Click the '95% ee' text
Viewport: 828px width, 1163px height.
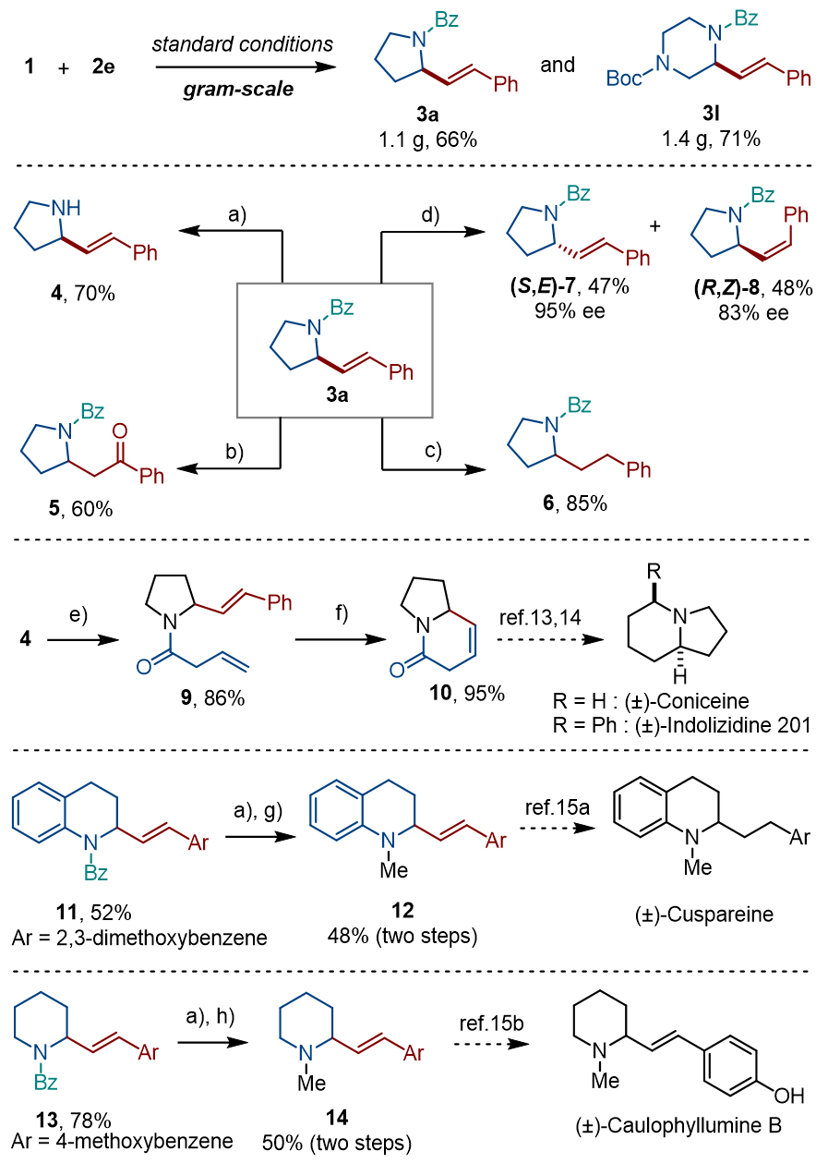pos(572,310)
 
